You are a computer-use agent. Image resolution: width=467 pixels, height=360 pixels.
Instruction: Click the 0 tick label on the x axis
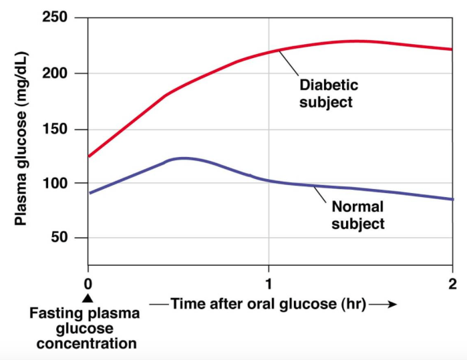click(x=88, y=283)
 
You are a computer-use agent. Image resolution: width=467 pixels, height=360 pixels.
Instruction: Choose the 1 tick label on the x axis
click(x=269, y=283)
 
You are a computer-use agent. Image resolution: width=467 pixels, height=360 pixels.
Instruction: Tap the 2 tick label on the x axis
click(x=452, y=283)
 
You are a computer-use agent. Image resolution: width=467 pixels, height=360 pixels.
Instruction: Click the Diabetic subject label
click(x=328, y=94)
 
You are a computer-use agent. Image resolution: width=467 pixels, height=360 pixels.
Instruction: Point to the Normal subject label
click(x=358, y=215)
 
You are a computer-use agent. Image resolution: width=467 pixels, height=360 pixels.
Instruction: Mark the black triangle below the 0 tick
click(x=88, y=298)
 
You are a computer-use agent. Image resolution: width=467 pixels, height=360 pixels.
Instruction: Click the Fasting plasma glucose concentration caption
click(x=87, y=329)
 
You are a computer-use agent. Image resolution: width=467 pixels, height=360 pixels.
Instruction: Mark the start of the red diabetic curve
click(x=89, y=156)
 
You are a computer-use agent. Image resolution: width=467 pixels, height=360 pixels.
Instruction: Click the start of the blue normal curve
click(x=89, y=193)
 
